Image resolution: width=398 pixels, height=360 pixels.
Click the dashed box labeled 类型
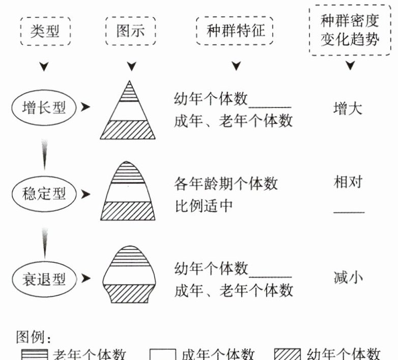45,31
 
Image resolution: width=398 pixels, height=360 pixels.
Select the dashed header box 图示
131,31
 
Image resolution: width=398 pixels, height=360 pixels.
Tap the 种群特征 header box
235,31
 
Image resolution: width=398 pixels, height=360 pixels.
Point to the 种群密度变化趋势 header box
350,30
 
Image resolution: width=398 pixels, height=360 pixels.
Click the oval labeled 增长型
44,107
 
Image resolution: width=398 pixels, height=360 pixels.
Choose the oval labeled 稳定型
44,193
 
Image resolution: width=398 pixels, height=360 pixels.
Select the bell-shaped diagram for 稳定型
128,191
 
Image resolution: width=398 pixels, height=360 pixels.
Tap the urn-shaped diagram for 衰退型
128,275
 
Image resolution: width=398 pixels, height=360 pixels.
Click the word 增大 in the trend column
348,108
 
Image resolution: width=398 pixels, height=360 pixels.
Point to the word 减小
348,278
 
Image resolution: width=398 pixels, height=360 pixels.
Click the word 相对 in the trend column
348,182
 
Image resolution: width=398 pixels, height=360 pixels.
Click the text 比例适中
204,205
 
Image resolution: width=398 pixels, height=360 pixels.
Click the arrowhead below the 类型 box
45,67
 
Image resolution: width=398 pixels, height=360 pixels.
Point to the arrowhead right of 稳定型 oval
86,193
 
